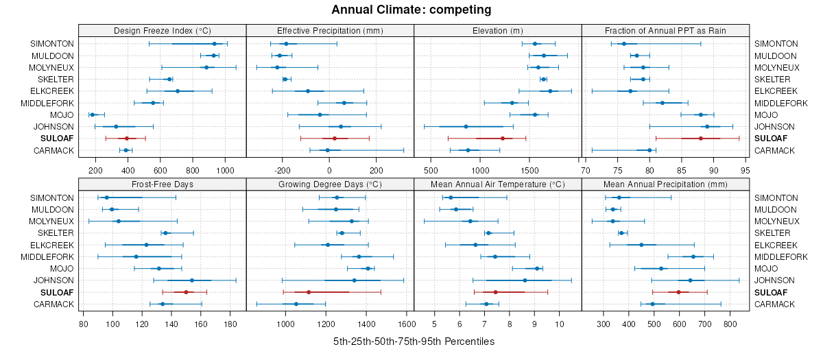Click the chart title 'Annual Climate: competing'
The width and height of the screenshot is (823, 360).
coord(411,10)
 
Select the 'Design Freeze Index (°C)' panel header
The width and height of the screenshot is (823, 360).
coord(162,30)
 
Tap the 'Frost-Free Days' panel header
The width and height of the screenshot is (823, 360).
coord(162,184)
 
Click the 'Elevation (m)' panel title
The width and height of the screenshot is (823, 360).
coord(498,30)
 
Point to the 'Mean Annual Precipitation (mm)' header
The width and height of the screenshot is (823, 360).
coord(665,184)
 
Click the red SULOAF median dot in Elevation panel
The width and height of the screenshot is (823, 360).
coord(502,139)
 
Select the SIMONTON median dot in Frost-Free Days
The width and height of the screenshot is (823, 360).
coord(106,197)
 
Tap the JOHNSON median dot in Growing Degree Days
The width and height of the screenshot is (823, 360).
coord(354,280)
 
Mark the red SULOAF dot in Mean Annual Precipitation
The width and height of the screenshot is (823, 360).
coord(678,292)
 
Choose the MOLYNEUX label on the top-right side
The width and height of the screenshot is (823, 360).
coord(777,67)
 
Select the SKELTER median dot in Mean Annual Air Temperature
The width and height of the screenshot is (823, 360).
coord(488,233)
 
